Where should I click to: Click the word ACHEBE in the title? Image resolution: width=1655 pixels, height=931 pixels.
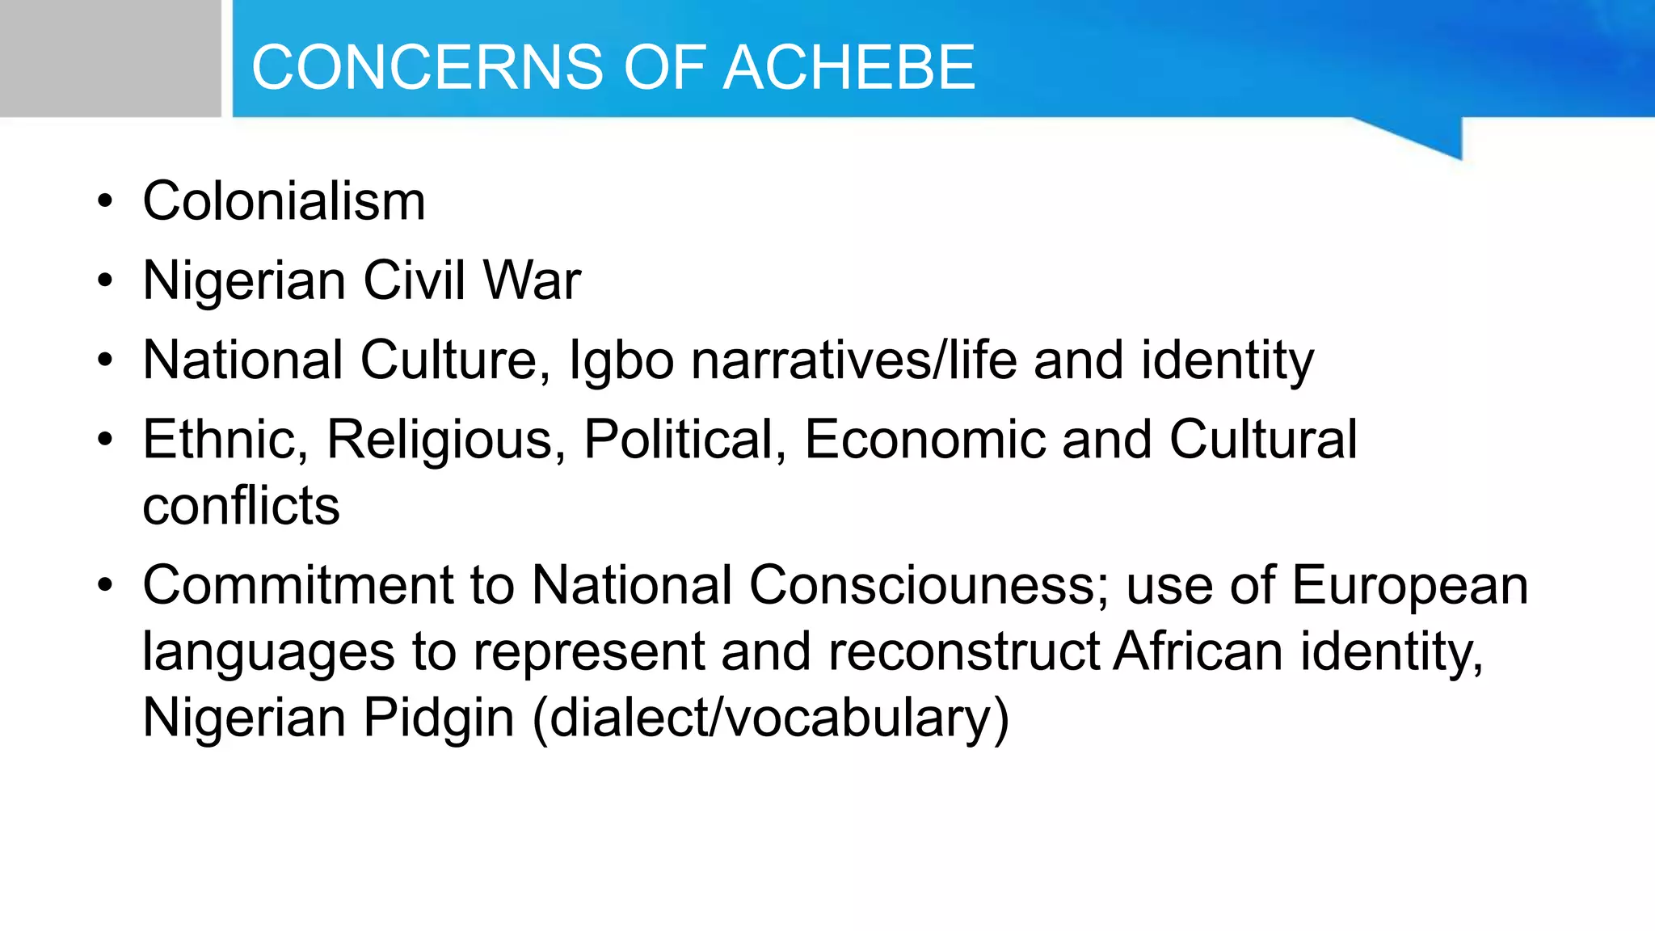(x=849, y=67)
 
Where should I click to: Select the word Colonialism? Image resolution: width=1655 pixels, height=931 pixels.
(x=284, y=200)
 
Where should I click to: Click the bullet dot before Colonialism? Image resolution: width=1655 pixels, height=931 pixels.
(x=105, y=202)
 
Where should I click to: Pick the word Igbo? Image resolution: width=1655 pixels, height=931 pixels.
(x=621, y=360)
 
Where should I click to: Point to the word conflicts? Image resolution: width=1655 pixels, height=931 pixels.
(x=241, y=506)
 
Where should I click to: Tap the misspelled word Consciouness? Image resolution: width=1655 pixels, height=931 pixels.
(x=929, y=585)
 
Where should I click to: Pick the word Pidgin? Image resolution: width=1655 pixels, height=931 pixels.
(x=438, y=718)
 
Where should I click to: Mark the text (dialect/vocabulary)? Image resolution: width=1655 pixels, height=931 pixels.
(x=771, y=718)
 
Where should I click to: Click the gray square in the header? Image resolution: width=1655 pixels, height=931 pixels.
(x=110, y=58)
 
